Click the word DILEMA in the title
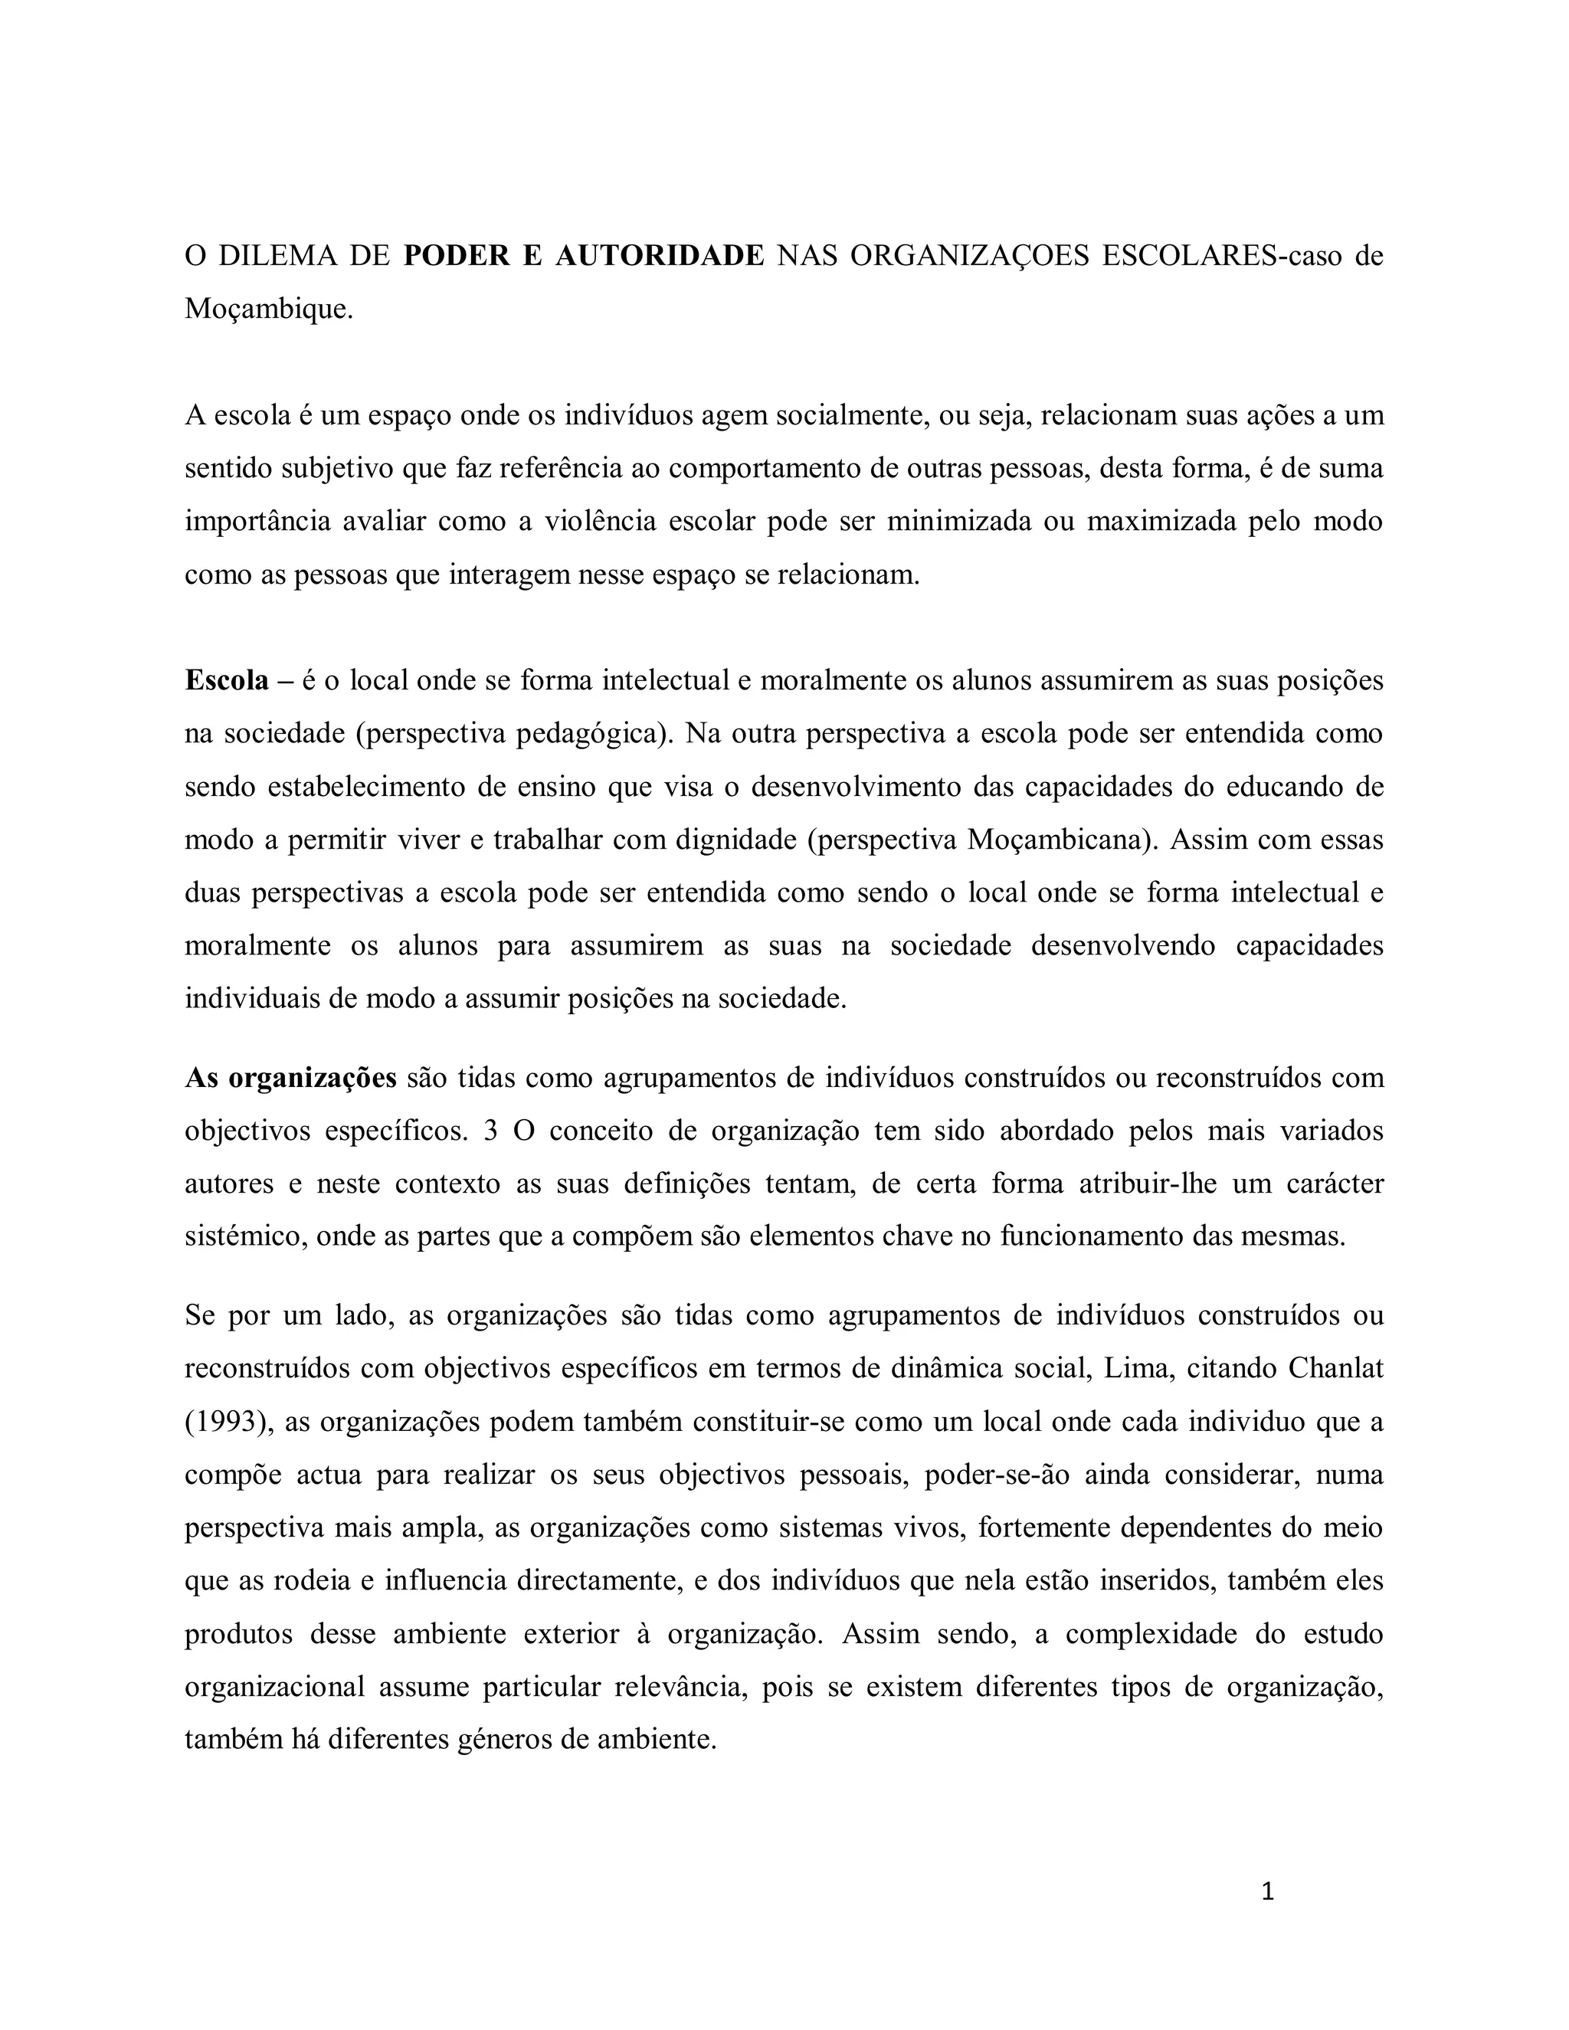coord(277,257)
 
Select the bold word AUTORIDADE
coord(659,257)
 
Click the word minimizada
coord(959,522)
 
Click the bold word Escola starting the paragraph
coord(227,680)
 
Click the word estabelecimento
coord(366,787)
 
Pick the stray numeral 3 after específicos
coord(491,1131)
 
